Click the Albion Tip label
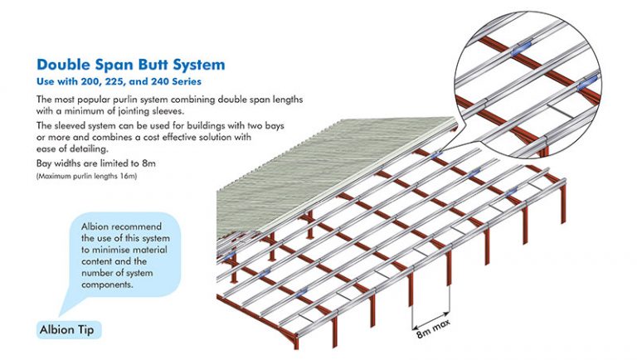pyautogui.click(x=71, y=328)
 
